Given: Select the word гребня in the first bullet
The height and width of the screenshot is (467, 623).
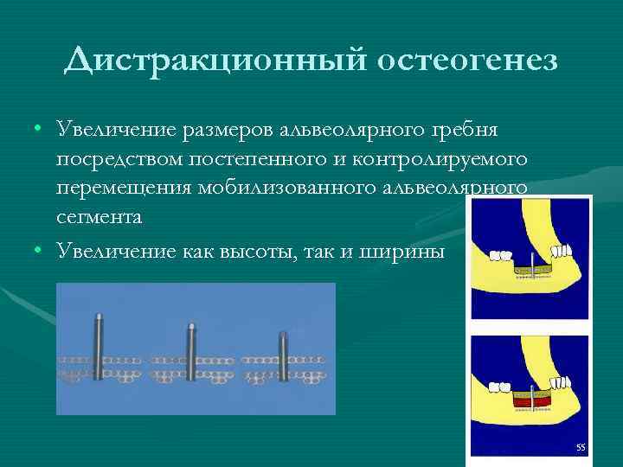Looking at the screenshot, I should [471, 130].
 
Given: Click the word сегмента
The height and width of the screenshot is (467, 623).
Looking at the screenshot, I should [99, 218].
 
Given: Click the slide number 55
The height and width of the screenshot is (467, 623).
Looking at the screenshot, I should [581, 447].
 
